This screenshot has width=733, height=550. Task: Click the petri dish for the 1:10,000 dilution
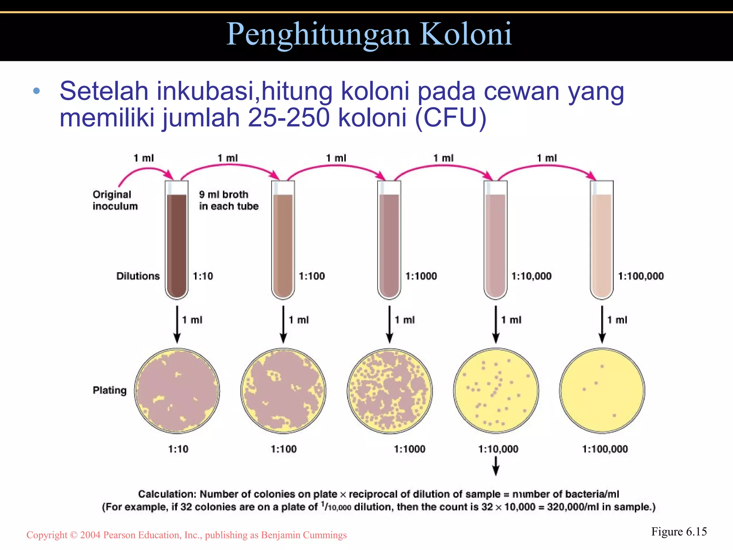(496, 390)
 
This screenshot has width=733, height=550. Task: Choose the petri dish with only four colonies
(602, 390)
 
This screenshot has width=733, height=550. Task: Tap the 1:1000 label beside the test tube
(421, 276)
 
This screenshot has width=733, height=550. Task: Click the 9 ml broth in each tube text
(228, 200)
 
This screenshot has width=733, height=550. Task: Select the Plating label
(110, 390)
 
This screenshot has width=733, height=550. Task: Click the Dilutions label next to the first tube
(138, 276)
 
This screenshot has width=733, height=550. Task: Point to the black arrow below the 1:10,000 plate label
(496, 467)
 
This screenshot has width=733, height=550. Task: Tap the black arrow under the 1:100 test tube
(283, 324)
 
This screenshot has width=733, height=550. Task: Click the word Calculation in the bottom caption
(167, 494)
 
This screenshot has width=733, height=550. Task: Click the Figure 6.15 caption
(679, 532)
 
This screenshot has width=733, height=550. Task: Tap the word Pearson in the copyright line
(120, 535)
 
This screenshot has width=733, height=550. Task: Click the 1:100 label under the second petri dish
(283, 449)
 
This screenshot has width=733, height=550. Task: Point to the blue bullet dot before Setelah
(36, 91)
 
